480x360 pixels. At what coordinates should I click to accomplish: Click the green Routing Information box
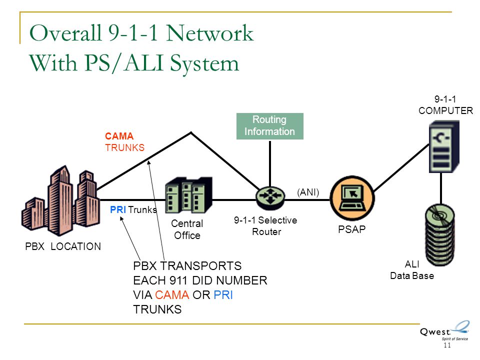(269, 126)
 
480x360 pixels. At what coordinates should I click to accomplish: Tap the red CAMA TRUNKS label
(124, 141)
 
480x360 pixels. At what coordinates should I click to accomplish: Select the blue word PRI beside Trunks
(118, 210)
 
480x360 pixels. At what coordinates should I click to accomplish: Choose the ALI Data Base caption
(411, 270)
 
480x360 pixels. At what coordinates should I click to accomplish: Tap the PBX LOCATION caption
(63, 246)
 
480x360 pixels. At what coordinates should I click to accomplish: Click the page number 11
(446, 345)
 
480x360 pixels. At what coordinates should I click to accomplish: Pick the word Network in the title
(210, 34)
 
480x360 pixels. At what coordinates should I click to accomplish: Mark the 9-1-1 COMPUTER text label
(445, 105)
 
